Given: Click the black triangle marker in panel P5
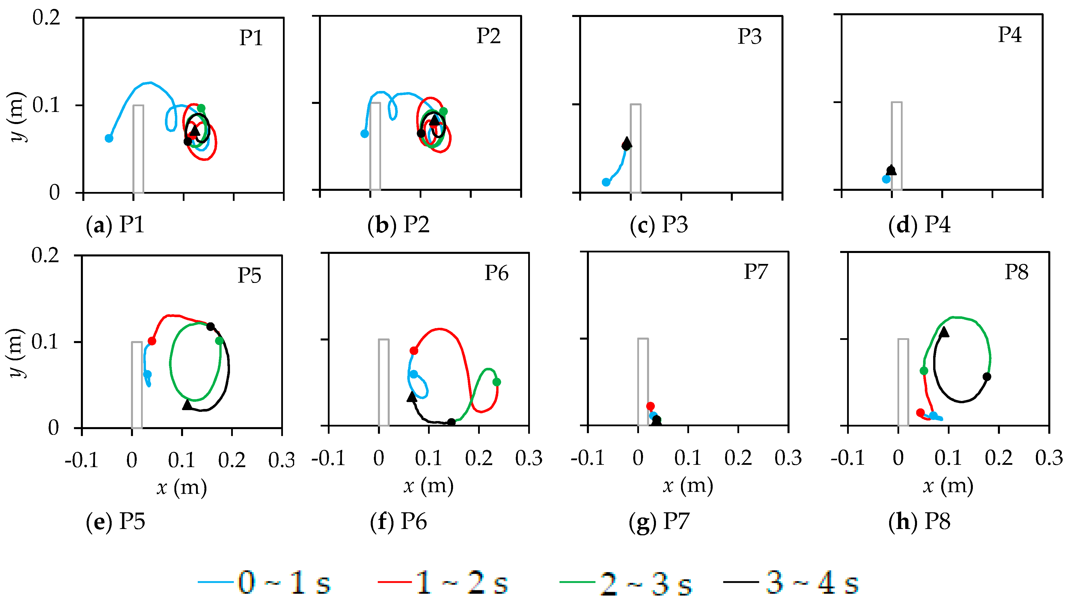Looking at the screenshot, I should (x=187, y=404).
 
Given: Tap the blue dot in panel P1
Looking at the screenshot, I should (x=109, y=138).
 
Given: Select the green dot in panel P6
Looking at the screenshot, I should (x=497, y=382).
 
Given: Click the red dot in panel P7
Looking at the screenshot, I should (x=650, y=406).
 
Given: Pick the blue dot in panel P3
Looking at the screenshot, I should (x=606, y=182).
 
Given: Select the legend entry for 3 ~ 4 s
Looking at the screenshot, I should (x=790, y=583).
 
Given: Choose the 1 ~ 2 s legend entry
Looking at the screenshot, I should (x=442, y=583).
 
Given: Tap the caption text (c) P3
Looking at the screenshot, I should (x=659, y=225).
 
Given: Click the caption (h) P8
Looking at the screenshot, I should (x=919, y=522).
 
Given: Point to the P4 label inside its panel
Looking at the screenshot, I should (x=1010, y=35).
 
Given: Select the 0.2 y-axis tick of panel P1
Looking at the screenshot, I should (x=46, y=18).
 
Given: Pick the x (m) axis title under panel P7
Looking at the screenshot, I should (x=688, y=486).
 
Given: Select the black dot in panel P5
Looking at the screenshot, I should (x=210, y=326).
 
